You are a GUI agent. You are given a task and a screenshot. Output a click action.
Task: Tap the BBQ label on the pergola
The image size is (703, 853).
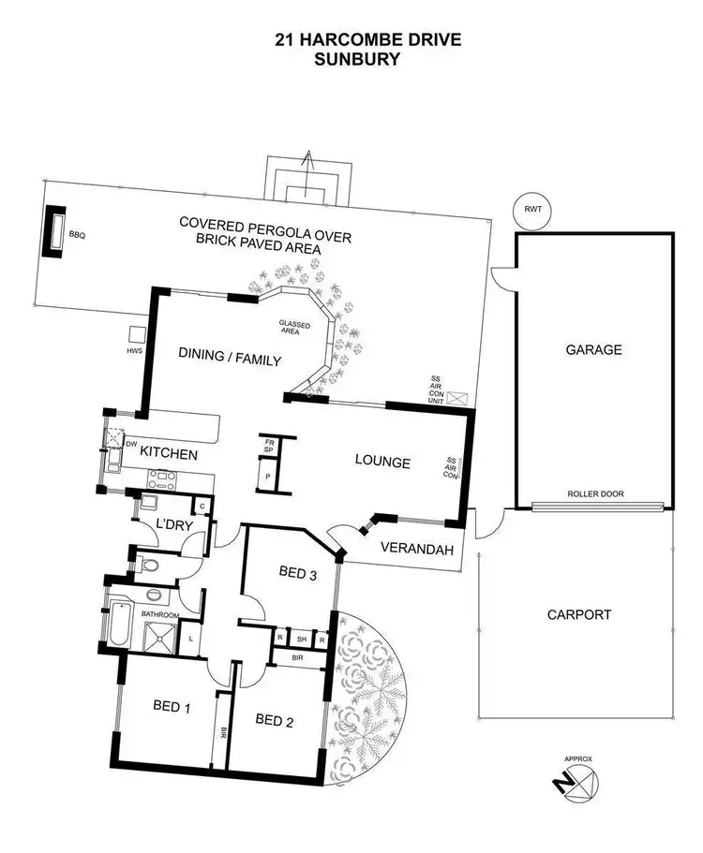(x=77, y=236)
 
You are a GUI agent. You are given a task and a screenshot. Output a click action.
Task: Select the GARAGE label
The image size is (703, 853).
(x=593, y=350)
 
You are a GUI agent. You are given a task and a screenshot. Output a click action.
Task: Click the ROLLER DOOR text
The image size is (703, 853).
(x=595, y=494)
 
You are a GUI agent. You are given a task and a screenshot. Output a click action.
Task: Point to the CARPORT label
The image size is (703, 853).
(x=579, y=615)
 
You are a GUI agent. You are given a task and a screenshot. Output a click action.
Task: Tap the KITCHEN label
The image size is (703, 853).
(x=169, y=454)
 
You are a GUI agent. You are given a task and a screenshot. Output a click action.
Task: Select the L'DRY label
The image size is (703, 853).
(x=174, y=525)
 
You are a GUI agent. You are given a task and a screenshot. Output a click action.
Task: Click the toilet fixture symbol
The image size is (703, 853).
(x=147, y=564)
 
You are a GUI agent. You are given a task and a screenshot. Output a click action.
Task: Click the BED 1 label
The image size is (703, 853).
(x=172, y=707)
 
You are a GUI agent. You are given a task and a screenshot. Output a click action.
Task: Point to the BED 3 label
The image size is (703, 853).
(x=299, y=573)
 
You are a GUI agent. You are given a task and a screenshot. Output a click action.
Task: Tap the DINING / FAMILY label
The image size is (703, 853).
(x=231, y=356)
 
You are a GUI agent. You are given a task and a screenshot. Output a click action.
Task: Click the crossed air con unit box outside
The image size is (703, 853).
(x=457, y=397)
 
